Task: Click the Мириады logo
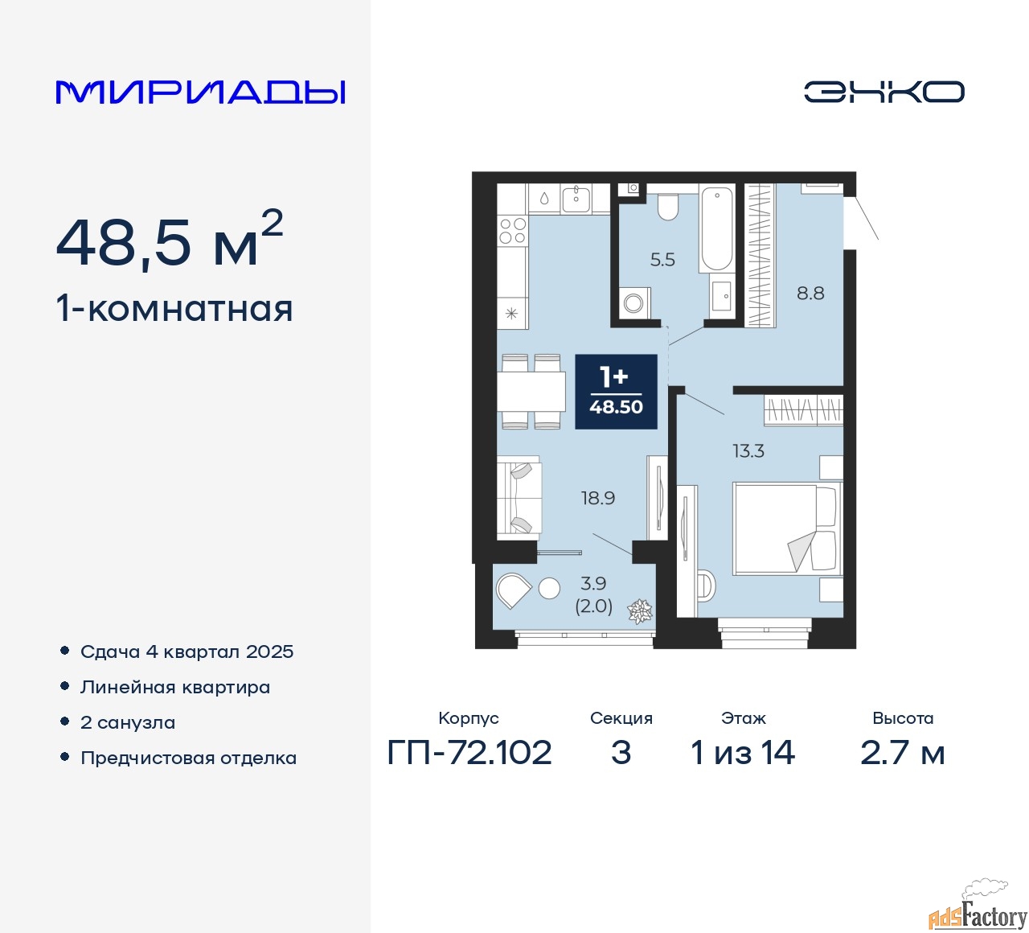click(x=200, y=92)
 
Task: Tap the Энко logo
click(x=883, y=92)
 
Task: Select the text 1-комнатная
click(x=174, y=310)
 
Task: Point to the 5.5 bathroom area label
click(x=662, y=260)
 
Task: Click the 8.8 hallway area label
click(x=810, y=293)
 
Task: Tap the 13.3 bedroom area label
click(x=748, y=451)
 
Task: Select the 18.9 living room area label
click(x=598, y=498)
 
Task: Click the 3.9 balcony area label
click(x=593, y=583)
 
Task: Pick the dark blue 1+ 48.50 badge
click(x=616, y=392)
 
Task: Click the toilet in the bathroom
click(x=667, y=207)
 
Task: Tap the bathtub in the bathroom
click(x=716, y=229)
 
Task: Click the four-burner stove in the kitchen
click(x=513, y=230)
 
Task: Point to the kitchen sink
click(x=576, y=199)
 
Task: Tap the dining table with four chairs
click(x=531, y=391)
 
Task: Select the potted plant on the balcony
click(x=640, y=612)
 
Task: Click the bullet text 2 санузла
click(x=128, y=722)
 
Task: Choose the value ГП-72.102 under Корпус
click(x=469, y=752)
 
